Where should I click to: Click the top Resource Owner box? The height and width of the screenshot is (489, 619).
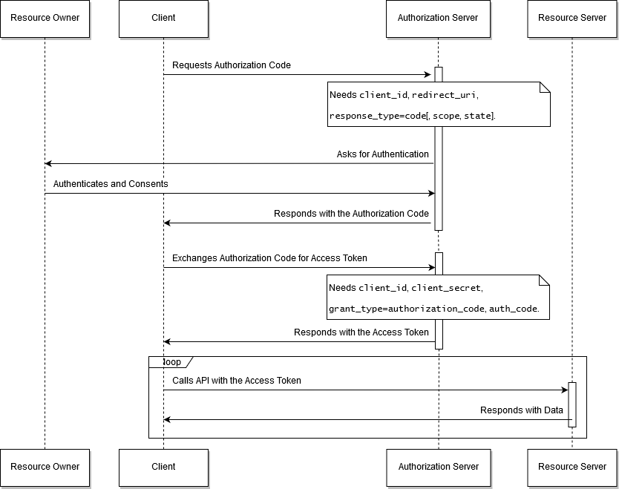[45, 19]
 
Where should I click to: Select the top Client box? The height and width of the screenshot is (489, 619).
[163, 19]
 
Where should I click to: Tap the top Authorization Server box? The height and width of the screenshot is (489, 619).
[438, 19]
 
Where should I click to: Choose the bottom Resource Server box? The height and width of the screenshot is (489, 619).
[572, 467]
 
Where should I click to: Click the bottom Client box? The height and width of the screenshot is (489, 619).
[163, 467]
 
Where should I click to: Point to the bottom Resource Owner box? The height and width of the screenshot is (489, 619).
[45, 467]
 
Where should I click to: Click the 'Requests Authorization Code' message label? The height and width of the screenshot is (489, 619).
[232, 65]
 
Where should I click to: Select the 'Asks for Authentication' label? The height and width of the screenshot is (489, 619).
[382, 154]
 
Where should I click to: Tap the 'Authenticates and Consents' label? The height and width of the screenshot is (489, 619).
[111, 184]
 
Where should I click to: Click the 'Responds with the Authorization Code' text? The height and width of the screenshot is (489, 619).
[351, 214]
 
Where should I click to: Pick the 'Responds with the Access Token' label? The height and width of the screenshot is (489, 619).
[361, 332]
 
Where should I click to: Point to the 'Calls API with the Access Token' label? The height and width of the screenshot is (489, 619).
[237, 381]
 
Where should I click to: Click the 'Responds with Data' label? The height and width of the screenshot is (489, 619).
[522, 410]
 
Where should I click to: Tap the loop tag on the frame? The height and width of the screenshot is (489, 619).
[171, 362]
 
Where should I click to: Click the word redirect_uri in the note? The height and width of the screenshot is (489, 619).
[444, 95]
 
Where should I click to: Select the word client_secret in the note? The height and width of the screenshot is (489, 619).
[446, 288]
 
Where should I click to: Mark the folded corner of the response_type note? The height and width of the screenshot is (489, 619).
[545, 88]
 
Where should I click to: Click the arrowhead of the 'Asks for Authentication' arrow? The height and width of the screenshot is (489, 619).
[48, 163]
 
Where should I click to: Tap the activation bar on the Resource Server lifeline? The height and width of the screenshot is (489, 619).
[572, 404]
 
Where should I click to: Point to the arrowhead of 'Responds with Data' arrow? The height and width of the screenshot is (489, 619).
[166, 419]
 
